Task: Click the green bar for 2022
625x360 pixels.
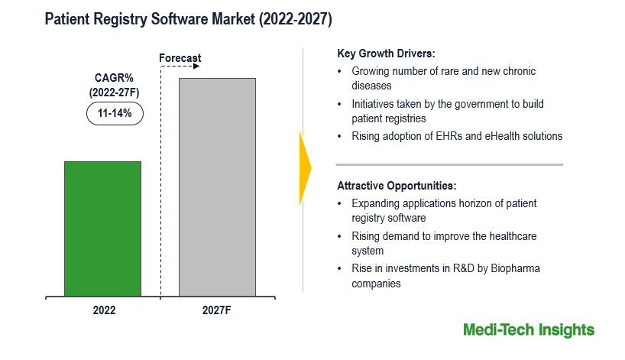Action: coord(102,228)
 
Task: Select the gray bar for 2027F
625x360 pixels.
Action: coord(217,186)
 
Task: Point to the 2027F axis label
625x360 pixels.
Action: coord(217,310)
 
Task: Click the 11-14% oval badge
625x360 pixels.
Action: coord(114,113)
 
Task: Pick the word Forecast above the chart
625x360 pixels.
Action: coord(181,58)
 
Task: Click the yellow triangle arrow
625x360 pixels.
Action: coord(305,167)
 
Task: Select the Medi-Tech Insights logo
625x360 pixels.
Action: coord(528,330)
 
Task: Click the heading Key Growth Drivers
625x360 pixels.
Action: coord(386,54)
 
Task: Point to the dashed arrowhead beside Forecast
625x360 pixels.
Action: coord(196,66)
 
